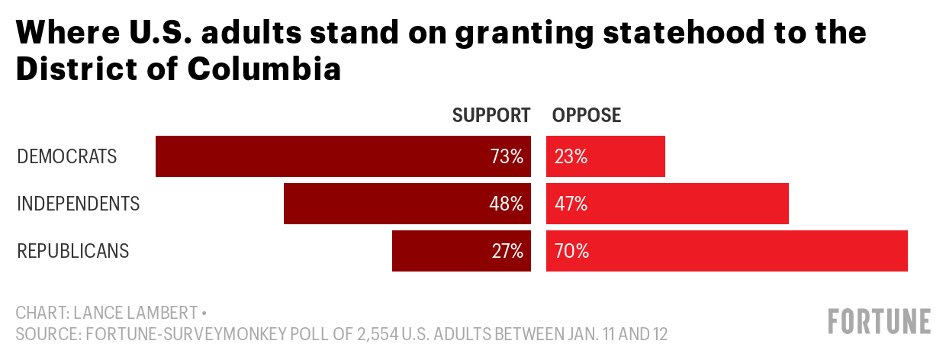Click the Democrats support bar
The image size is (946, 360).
(320, 156)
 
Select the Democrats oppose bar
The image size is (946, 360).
(626, 156)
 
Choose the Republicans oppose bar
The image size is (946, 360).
(748, 251)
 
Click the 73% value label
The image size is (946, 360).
(507, 157)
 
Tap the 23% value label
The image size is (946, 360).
(571, 157)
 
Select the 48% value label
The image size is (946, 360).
(507, 204)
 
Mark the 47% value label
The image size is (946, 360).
(571, 204)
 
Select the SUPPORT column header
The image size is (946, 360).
(491, 115)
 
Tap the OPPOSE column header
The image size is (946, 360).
(587, 115)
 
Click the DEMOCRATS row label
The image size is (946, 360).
(67, 157)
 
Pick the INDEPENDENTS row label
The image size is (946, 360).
(79, 204)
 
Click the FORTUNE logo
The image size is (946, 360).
(880, 321)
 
